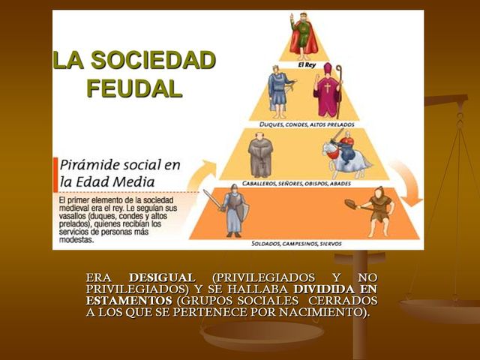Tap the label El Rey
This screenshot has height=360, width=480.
tap(308, 64)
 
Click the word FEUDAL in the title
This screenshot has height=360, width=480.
tap(134, 88)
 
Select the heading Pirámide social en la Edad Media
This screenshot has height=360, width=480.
tap(119, 173)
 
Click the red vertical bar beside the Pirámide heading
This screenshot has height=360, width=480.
tap(55, 174)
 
